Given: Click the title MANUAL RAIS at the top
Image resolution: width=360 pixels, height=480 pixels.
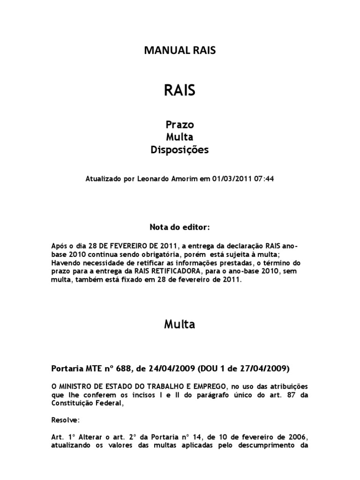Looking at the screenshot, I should pos(180,51).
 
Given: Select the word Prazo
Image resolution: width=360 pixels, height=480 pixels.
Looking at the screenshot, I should pos(180,125).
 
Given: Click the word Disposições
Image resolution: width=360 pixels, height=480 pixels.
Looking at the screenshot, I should pos(180,150).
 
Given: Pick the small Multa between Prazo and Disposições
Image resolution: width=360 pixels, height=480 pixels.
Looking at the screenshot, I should pos(180,137).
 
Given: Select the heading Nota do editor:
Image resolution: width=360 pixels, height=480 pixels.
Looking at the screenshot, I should pos(180,227).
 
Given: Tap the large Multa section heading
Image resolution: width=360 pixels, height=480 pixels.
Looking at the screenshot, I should pos(180,324).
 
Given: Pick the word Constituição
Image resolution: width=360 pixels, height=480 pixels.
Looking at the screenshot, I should pos(70,402).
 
